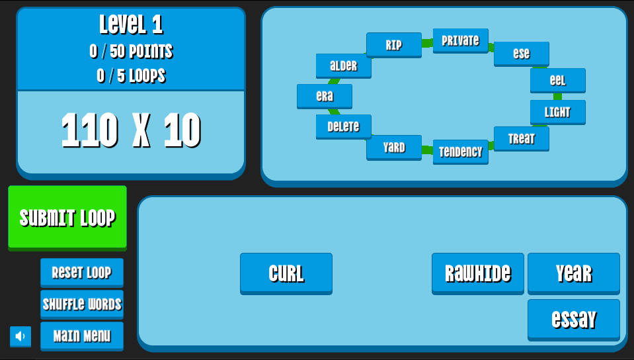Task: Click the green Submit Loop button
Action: coord(67,217)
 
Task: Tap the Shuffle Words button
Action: coord(82,304)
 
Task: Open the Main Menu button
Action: coord(82,336)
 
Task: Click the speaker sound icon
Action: coord(20,336)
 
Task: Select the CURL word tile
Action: coord(286,273)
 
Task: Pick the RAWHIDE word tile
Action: coord(477,273)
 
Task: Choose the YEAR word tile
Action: coord(573,273)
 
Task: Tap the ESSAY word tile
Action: coord(573,319)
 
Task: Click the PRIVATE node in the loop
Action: coord(460,40)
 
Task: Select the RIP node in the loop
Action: coord(394,45)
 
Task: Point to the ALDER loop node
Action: coord(343,66)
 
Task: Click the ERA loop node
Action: coord(324,96)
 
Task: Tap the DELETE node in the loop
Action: coord(343,126)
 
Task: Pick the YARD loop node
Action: coord(394,147)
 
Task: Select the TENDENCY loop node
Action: coord(460,152)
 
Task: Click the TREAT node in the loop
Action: coord(521,138)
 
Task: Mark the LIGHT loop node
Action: coord(557,112)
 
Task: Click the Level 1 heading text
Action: coord(131,25)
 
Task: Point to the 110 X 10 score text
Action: coord(131,130)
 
